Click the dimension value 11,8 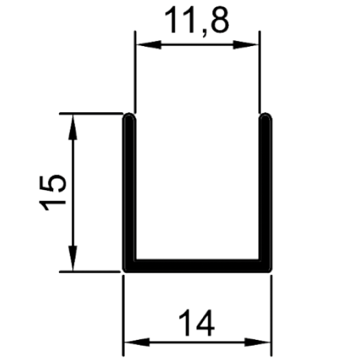[197, 21]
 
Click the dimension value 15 [53, 193]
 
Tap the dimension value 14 [197, 322]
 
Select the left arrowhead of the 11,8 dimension [149, 45]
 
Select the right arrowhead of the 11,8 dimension [246, 45]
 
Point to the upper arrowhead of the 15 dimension [73, 127]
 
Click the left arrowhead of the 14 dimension [137, 342]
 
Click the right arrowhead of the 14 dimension [258, 342]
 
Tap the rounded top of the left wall [130, 116]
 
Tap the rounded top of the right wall [265, 116]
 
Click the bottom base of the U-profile [197, 267]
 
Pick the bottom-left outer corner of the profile [124, 272]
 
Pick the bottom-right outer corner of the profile [272, 272]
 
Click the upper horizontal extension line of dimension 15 [91, 114]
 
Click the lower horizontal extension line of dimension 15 [90, 272]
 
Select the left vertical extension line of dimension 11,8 [135, 71]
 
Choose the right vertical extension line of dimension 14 [272, 315]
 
